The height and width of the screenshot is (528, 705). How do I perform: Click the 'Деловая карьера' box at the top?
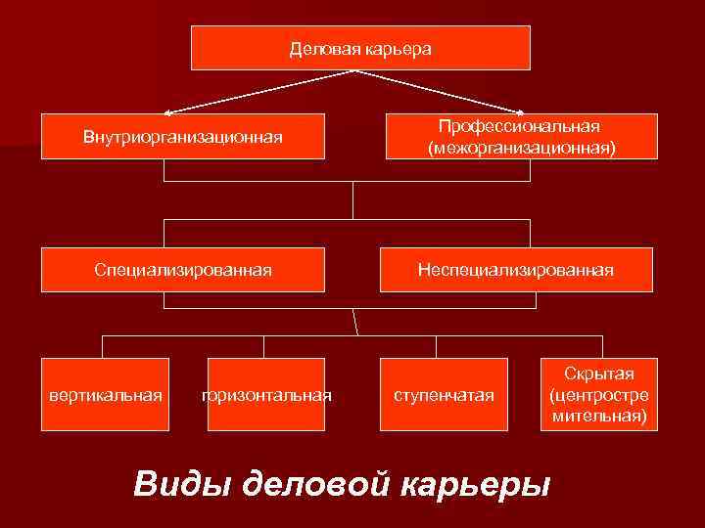[x=360, y=48]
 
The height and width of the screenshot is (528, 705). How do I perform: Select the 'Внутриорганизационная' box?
[x=183, y=136]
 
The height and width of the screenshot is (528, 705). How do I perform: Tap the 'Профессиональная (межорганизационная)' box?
[x=521, y=136]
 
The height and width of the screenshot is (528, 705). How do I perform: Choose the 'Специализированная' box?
[x=183, y=269]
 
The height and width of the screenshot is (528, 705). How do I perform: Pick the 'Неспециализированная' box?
[x=516, y=269]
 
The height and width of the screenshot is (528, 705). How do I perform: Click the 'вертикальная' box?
[x=106, y=395]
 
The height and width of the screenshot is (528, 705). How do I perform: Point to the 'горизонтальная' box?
[x=266, y=395]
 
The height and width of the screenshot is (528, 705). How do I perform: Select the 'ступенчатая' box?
[x=444, y=395]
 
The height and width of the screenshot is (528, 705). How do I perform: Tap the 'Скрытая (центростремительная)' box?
[x=598, y=395]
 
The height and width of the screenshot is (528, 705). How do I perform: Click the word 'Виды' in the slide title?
[x=180, y=483]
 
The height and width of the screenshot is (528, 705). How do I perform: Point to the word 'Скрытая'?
[x=598, y=374]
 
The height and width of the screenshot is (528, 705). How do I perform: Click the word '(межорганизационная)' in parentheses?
[x=521, y=148]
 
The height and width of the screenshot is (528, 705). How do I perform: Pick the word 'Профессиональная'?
[x=520, y=127]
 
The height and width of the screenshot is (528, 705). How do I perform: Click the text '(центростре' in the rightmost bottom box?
[x=598, y=396]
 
